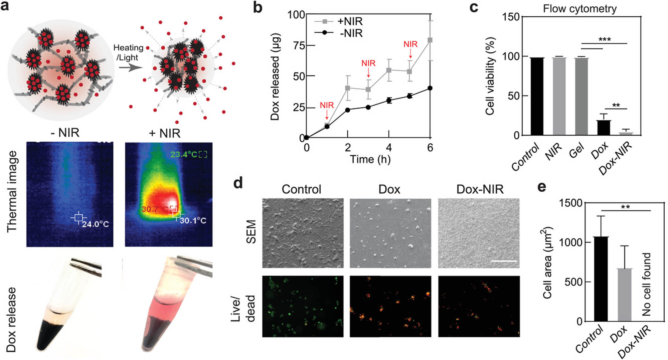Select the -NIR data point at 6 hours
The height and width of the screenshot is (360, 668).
(430, 88)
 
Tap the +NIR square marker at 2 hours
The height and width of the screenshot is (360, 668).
(348, 88)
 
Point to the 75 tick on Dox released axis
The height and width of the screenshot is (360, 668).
(299, 45)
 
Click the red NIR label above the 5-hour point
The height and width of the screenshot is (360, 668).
(410, 44)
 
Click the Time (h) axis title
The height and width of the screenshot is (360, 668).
(370, 159)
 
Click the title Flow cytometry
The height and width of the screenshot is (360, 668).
(579, 9)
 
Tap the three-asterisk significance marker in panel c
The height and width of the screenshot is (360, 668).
(605, 40)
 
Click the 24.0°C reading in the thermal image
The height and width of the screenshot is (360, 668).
(95, 224)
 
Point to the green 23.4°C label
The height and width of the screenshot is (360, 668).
(184, 154)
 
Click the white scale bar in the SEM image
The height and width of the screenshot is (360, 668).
(504, 261)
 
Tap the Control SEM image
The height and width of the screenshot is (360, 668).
(303, 233)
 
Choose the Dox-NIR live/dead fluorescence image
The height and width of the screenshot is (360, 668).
(479, 306)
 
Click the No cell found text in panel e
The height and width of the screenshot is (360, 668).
(646, 284)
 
